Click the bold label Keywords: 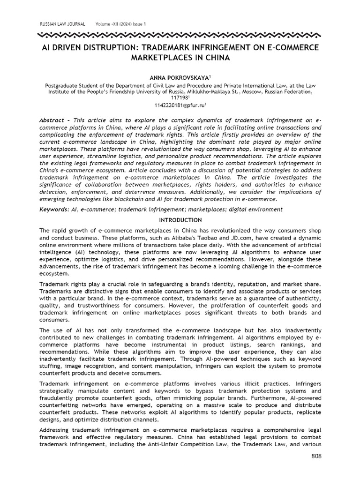(54, 209)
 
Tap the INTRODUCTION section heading (180, 220)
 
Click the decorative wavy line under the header (180, 35)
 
